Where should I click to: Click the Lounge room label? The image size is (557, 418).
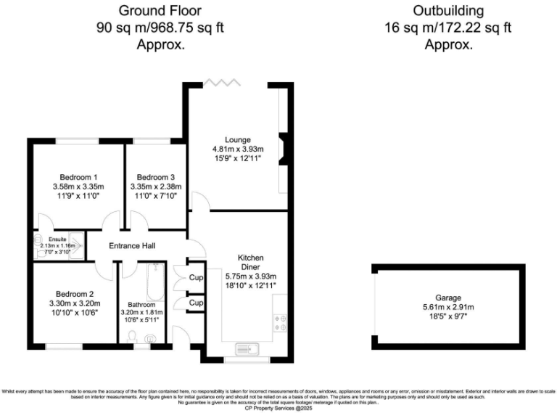pyautogui.click(x=237, y=139)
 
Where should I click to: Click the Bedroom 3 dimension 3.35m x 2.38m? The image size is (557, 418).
pyautogui.click(x=156, y=187)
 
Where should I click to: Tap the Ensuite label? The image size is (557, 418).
pyautogui.click(x=58, y=238)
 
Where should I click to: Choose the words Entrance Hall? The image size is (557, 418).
pyautogui.click(x=131, y=247)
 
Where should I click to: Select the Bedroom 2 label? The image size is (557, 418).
pyautogui.click(x=74, y=293)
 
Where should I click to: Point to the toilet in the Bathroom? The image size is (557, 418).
pyautogui.click(x=131, y=336)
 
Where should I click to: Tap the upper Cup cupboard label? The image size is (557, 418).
pyautogui.click(x=196, y=277)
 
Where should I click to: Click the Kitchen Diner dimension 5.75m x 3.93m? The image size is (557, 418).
pyautogui.click(x=251, y=276)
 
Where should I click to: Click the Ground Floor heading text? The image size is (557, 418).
pyautogui.click(x=160, y=11)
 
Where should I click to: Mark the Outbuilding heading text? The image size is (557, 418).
pyautogui.click(x=447, y=11)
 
